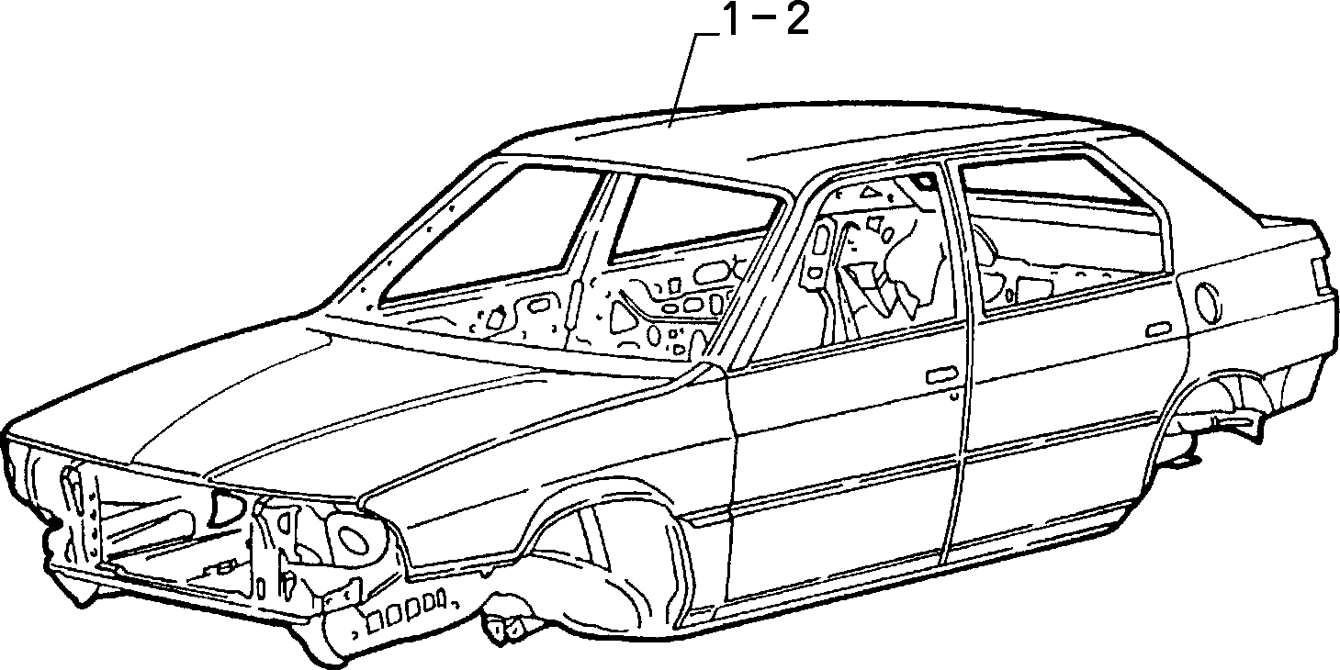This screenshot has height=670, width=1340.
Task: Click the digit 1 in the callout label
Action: [732, 19]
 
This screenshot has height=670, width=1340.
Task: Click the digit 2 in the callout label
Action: [797, 19]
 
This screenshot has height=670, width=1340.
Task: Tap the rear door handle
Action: [1158, 329]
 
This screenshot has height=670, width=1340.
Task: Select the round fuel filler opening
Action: [1207, 303]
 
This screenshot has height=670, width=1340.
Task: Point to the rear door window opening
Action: [1064, 233]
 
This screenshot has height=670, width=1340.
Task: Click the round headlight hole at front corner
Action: [356, 538]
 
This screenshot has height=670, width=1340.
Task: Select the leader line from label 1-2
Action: [686, 80]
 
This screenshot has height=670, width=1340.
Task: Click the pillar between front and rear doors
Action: [957, 359]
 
